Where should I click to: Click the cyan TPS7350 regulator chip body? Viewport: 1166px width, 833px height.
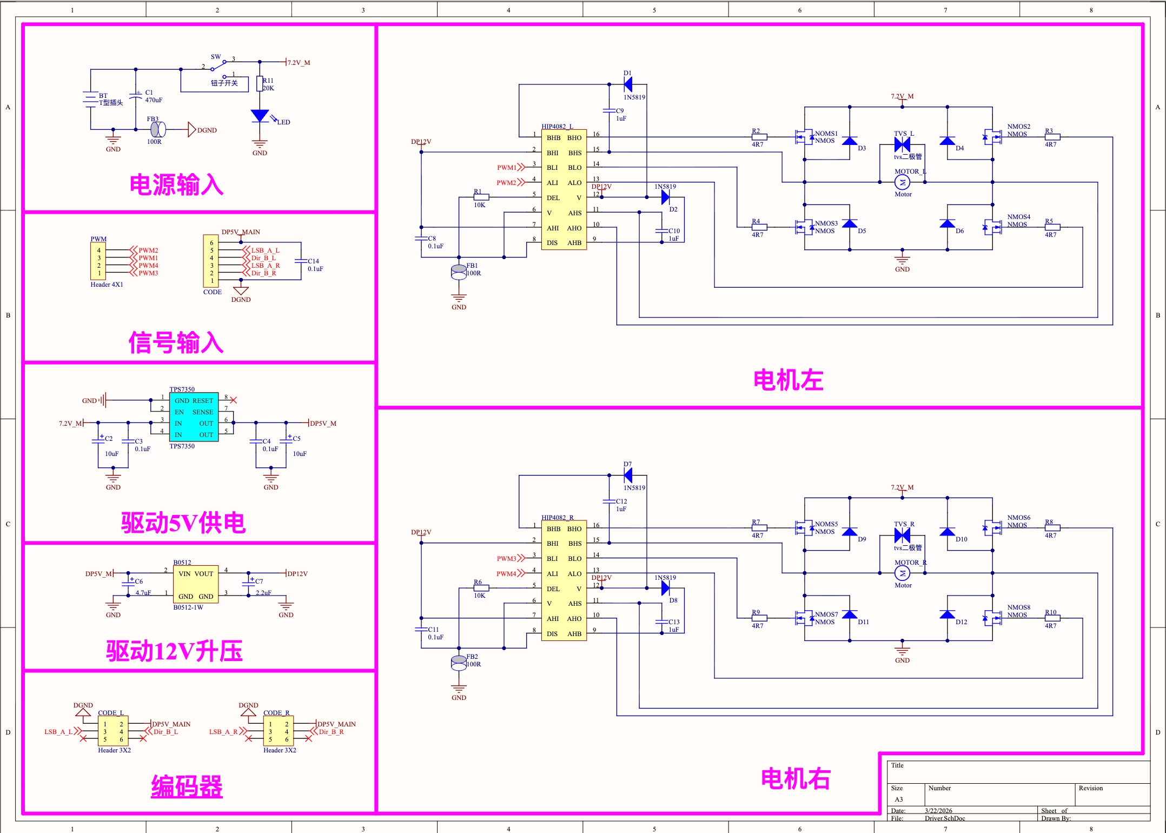pyautogui.click(x=194, y=417)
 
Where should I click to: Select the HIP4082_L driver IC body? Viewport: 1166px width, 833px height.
pyautogui.click(x=564, y=190)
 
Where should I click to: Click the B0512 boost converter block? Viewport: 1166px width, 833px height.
pyautogui.click(x=196, y=585)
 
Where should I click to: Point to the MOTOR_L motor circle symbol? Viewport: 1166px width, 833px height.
pyautogui.click(x=902, y=182)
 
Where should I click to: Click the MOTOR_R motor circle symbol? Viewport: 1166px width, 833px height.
pyautogui.click(x=902, y=573)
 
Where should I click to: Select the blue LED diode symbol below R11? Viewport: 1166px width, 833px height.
pyautogui.click(x=260, y=116)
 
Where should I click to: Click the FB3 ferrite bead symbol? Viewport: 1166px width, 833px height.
pyautogui.click(x=157, y=129)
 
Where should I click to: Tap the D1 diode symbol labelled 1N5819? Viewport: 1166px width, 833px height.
pyautogui.click(x=628, y=84)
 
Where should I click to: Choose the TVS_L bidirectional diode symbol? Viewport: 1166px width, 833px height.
pyautogui.click(x=902, y=144)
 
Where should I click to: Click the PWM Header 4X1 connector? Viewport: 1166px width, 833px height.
pyautogui.click(x=98, y=262)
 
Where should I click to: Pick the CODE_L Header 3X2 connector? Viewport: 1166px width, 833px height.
pyautogui.click(x=113, y=731)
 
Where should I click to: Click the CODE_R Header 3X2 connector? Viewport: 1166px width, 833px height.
pyautogui.click(x=279, y=731)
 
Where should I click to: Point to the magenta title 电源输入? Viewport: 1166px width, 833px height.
pyautogui.click(x=176, y=185)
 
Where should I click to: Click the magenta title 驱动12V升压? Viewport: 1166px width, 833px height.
pyautogui.click(x=174, y=651)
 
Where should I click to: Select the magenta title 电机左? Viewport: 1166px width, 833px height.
pyautogui.click(x=788, y=380)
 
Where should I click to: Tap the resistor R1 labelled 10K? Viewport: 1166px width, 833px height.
pyautogui.click(x=481, y=197)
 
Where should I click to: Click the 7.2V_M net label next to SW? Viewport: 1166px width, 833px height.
pyautogui.click(x=299, y=63)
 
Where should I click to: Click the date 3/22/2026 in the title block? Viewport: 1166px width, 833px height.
pyautogui.click(x=938, y=811)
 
